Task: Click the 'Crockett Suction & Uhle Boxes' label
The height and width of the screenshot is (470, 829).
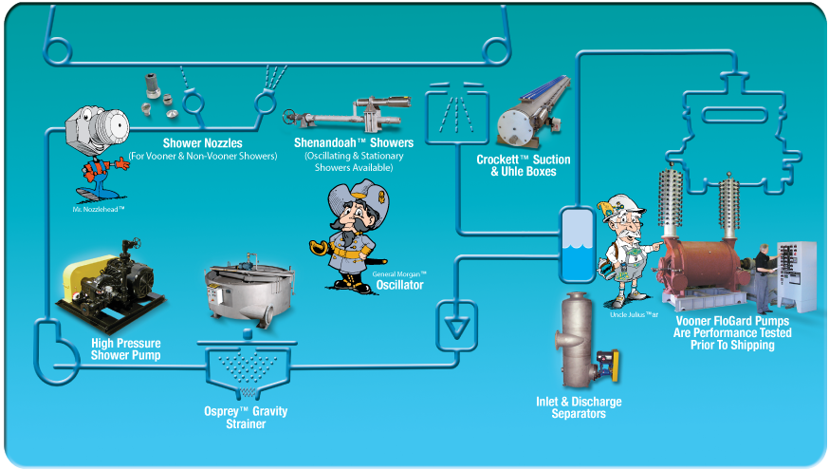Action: click(516, 166)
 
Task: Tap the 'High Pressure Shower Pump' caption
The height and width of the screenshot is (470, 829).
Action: click(125, 348)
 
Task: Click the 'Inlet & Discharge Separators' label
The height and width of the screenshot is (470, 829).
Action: click(579, 407)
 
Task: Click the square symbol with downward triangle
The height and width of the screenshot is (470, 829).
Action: click(456, 322)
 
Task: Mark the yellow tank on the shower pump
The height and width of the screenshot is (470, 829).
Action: click(85, 276)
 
